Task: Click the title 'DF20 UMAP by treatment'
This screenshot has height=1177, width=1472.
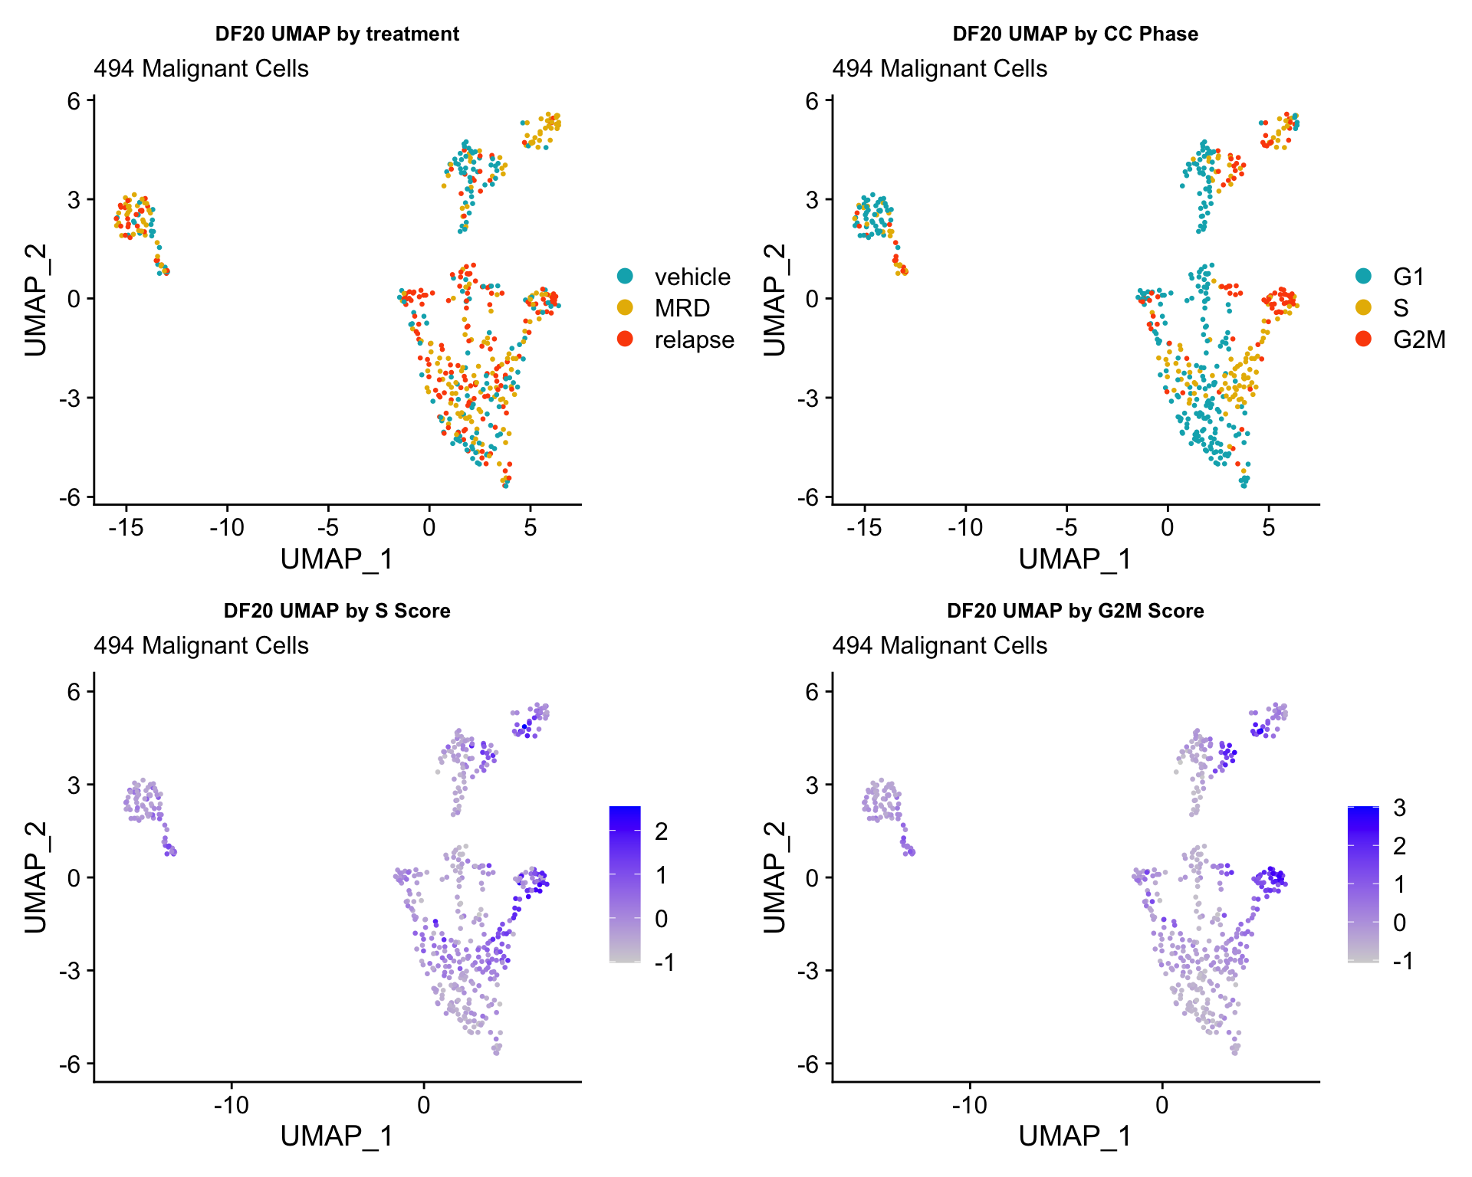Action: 337,34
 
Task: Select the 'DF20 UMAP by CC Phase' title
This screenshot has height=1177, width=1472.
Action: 1075,34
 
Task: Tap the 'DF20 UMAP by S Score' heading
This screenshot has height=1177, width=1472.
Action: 337,611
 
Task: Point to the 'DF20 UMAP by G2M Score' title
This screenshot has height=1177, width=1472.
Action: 1075,611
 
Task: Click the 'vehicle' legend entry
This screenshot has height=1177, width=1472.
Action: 692,277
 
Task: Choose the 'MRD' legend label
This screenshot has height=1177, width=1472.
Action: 682,308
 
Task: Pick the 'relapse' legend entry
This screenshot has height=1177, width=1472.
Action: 694,339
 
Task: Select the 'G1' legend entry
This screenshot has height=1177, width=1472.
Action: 1408,277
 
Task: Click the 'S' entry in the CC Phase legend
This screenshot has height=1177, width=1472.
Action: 1401,308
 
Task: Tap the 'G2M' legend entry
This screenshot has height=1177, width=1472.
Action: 1419,339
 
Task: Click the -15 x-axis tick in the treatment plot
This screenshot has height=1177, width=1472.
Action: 126,527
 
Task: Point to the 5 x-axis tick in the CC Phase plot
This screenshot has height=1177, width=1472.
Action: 1269,527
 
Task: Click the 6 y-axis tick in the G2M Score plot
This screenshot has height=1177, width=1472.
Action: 811,691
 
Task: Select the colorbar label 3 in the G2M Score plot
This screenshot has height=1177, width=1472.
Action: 1399,808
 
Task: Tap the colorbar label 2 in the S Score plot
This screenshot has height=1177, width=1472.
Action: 661,831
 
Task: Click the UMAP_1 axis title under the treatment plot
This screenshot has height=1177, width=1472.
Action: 337,559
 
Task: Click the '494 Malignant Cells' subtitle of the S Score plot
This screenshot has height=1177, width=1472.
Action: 201,646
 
